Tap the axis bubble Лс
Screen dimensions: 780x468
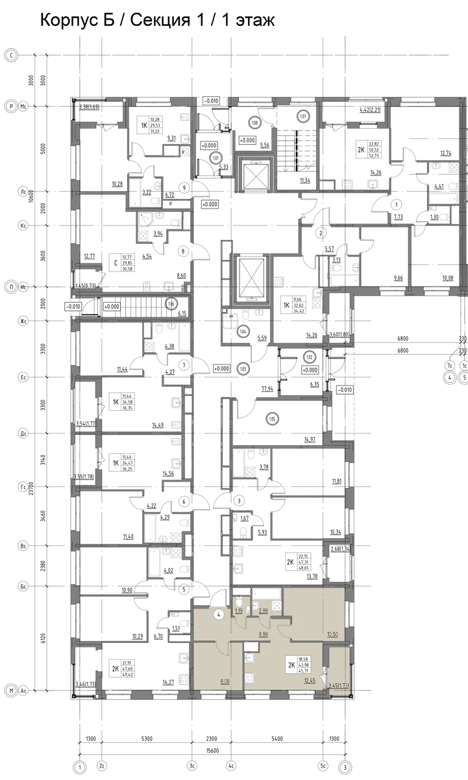[23, 191]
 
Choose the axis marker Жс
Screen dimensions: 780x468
[23, 321]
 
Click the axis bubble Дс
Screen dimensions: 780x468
[23, 432]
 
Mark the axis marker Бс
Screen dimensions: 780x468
[23, 586]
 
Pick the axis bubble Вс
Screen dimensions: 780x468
[23, 546]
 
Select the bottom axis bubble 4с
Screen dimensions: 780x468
[232, 767]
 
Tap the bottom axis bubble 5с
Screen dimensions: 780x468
[323, 767]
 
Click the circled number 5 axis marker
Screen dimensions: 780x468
[463, 378]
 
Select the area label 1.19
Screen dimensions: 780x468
[239, 611]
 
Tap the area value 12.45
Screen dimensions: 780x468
[309, 681]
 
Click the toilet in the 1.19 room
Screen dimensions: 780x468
[240, 599]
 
